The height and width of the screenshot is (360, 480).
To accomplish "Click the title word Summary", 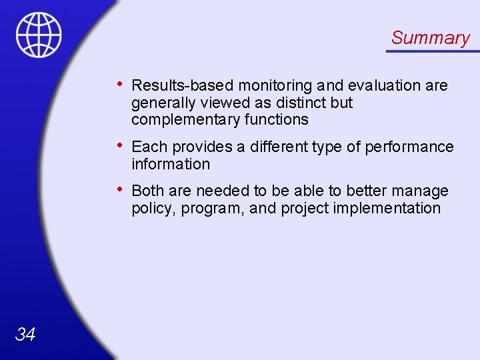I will coord(430,38).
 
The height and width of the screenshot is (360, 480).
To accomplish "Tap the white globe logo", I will coord(39,35).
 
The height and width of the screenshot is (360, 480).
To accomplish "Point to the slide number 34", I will coord(25,334).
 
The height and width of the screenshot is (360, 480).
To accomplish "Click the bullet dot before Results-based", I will coord(118,84).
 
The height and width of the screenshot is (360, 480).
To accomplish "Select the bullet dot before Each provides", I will coord(118,145).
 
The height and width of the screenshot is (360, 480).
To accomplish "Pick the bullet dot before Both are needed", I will coord(118,189).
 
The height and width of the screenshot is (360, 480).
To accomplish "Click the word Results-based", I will coord(183,85).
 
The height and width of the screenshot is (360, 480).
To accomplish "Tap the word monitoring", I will coord(275,85).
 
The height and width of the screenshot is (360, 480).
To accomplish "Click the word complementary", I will coord(185,120).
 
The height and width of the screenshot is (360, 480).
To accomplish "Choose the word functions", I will coord(275,120).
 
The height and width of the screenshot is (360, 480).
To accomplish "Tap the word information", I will coord(170,164).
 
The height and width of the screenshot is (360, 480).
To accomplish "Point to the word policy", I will coord(151,209).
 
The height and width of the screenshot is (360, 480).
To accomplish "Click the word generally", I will coord(161,103).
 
